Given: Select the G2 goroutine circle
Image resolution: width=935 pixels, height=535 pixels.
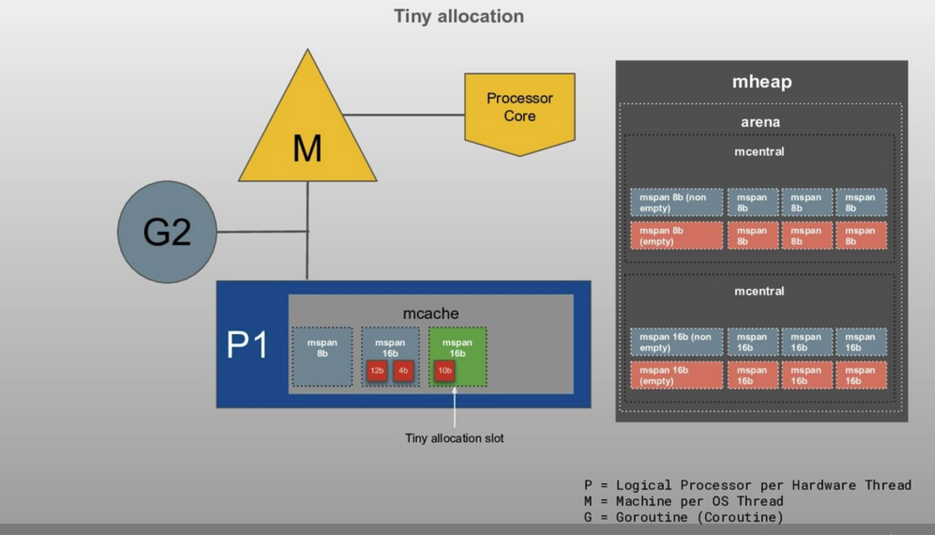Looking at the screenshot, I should pos(167,232).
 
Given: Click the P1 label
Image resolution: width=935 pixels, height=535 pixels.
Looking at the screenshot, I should pos(247,344).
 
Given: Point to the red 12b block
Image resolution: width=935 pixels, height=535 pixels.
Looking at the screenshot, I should pos(377,371).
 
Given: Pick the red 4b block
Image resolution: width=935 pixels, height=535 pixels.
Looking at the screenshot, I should pos(403,371).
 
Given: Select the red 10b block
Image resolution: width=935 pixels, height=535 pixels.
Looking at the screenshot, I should pos(445,371).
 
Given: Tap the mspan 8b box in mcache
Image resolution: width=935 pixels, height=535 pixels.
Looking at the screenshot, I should pos(322,356).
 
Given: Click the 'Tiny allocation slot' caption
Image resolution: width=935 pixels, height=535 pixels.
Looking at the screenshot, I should pos(454,438).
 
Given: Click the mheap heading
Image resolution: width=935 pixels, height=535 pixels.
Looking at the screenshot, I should pos(762,81).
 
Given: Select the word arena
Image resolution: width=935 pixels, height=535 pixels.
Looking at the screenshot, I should pos(760,122).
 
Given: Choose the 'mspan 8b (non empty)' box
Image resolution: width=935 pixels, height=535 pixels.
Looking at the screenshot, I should pos(676,203).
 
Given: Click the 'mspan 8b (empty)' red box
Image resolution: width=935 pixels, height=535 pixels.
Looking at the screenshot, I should pos(676,236).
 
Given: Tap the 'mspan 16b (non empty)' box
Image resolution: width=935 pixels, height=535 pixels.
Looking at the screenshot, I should pos(676,342).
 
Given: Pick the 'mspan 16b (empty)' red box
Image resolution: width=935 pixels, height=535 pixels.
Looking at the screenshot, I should pos(676,375).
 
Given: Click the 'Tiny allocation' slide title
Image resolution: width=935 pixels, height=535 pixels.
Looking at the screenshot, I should pos(459,16).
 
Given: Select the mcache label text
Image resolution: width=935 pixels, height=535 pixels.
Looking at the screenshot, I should pos(431,313).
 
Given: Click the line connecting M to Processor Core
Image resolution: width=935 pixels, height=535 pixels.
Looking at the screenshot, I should pos(403,115).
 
